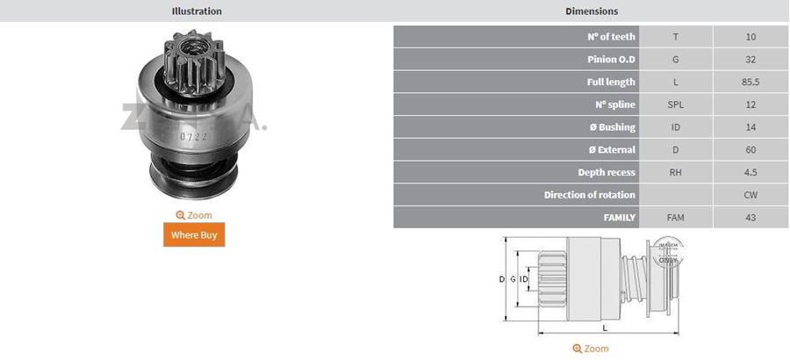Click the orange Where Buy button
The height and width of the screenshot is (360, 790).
point(194,234)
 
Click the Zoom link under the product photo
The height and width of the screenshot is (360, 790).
point(194,215)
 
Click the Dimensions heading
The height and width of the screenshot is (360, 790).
point(592,11)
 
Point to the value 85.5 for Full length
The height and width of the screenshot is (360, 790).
point(750,82)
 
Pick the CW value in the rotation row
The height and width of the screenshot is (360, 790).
point(750,195)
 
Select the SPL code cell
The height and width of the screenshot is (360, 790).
point(675,104)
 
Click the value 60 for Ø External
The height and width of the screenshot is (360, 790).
point(750,150)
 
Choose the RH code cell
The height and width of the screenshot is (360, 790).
point(675,173)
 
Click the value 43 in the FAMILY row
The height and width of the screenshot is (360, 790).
point(750,217)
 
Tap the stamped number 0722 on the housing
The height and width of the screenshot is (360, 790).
point(193,136)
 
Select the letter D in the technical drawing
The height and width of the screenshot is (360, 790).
point(502,279)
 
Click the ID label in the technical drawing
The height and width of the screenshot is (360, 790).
point(524,279)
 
